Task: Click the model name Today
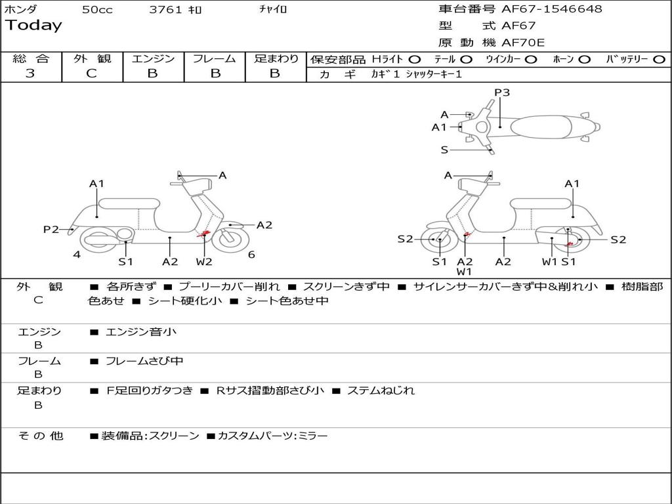point(33,26)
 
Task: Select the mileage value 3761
point(166,10)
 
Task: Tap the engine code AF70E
point(523,43)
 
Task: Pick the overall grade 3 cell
point(30,73)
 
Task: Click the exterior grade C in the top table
point(91,73)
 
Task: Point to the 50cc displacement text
point(97,10)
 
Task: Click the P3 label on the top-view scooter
point(502,93)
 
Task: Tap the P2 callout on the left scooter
point(51,229)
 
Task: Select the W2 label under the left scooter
point(204,261)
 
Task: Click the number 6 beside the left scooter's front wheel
point(251,255)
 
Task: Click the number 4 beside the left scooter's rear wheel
point(77,255)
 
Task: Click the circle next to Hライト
point(415,59)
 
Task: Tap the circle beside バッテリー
point(659,59)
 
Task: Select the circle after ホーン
point(585,59)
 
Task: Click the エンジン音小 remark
point(140,332)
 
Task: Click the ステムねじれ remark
point(381,390)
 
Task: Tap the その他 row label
point(40,436)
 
